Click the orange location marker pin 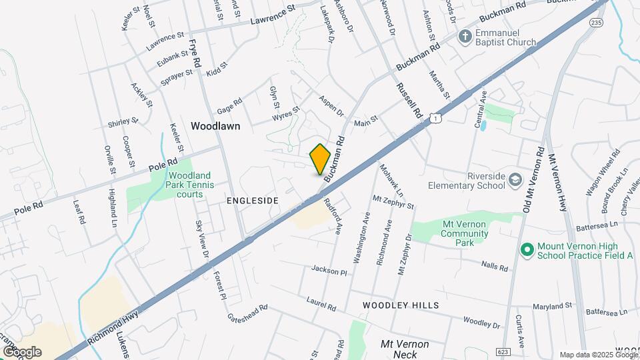coord(321,159)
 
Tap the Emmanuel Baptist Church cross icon coord(466,37)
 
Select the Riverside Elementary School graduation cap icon coord(515,180)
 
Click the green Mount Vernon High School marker coord(527,250)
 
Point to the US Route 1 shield coord(435,118)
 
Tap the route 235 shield coord(595,22)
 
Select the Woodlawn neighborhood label coord(215,125)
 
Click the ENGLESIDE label coord(251,200)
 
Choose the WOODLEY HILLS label coord(401,305)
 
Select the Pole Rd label coord(163,163)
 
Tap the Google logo coord(22,352)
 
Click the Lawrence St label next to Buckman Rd coord(273,16)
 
